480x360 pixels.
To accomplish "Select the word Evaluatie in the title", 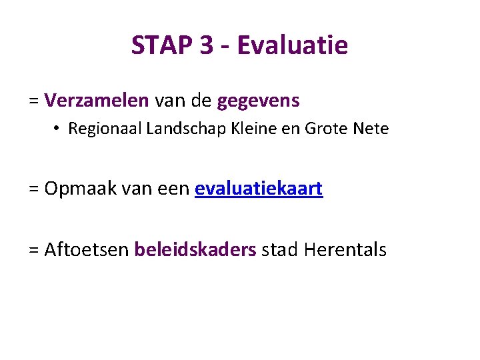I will pos(292,45).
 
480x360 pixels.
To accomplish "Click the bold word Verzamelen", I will pos(97,101).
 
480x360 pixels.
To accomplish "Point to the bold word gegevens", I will pos(259,101).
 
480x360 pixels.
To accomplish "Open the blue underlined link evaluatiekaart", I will pos(259,189).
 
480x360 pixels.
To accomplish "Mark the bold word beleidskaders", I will pos(195,250).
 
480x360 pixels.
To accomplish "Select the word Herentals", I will pos(345,250).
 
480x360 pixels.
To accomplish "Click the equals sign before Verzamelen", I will pos(34,101).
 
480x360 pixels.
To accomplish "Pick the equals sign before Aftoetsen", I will pos(34,251).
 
